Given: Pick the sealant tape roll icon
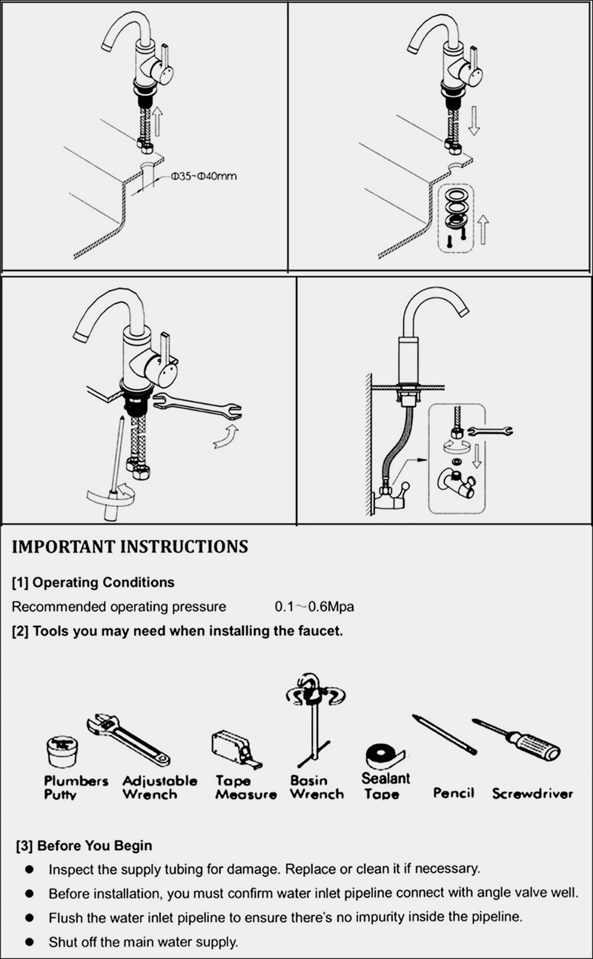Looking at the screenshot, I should (x=383, y=756).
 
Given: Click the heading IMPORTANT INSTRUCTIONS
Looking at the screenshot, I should (x=130, y=547).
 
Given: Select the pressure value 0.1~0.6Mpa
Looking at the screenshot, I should (x=314, y=607).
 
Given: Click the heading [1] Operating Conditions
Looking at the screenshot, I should (x=93, y=582).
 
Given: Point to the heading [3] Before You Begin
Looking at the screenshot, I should (x=84, y=845).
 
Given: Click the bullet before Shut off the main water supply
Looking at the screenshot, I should (x=29, y=942).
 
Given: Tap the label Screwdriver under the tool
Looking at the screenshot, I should (x=532, y=794).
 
